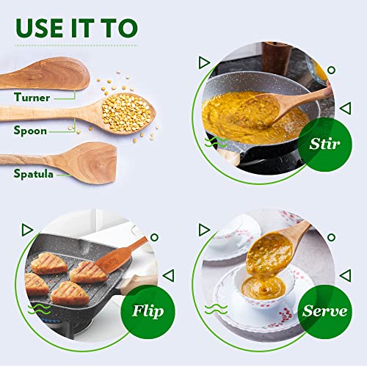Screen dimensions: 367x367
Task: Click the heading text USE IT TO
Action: (76, 28)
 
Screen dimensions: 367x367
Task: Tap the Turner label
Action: (32, 98)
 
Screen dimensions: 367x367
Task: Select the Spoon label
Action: (30, 130)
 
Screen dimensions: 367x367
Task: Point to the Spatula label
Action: (33, 174)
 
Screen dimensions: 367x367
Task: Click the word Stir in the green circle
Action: (324, 144)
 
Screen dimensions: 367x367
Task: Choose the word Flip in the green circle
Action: (148, 311)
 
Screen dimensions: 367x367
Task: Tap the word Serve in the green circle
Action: (324, 311)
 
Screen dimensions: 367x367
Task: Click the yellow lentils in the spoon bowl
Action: (126, 112)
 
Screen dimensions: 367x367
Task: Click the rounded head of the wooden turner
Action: (61, 73)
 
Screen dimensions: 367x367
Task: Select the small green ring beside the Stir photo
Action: (331, 70)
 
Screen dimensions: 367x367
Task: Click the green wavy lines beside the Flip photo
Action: (39, 309)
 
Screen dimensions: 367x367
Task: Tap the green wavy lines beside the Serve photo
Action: (216, 309)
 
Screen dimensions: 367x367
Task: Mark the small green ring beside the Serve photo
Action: (331, 237)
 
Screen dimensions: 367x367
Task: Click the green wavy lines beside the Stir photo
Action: (216, 142)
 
